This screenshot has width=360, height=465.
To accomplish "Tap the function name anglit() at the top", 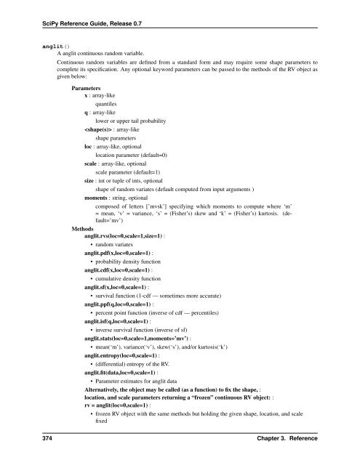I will click(33, 44).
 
